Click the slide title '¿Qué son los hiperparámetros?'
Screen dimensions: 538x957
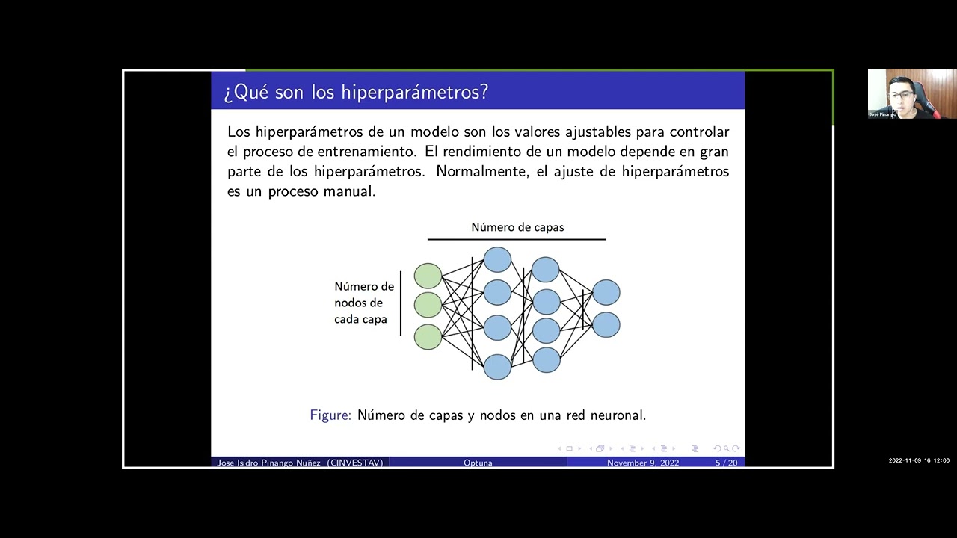pyautogui.click(x=356, y=92)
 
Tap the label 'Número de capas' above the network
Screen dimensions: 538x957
pyautogui.click(x=517, y=227)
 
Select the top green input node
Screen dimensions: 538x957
pyautogui.click(x=428, y=276)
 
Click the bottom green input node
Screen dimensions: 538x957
pyautogui.click(x=428, y=336)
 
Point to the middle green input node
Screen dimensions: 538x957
pyautogui.click(x=428, y=305)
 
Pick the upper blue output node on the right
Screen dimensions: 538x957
pyautogui.click(x=606, y=292)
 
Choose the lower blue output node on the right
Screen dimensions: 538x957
pyautogui.click(x=606, y=325)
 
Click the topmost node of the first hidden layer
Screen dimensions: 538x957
pyautogui.click(x=497, y=259)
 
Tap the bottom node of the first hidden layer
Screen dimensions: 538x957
pyautogui.click(x=497, y=367)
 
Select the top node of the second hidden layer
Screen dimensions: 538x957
pyautogui.click(x=546, y=270)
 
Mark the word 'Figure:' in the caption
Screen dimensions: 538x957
pyautogui.click(x=330, y=415)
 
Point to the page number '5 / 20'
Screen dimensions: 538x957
pyautogui.click(x=726, y=463)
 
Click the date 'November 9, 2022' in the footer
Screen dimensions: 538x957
pyautogui.click(x=643, y=463)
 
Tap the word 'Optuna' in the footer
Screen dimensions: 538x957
pyautogui.click(x=478, y=463)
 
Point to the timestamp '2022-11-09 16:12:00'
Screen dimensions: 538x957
pyautogui.click(x=919, y=460)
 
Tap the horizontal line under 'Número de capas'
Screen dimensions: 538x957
pyautogui.click(x=517, y=240)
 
